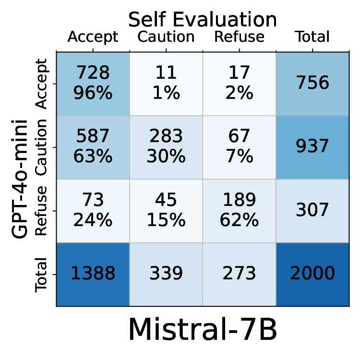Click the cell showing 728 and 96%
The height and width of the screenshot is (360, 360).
93,83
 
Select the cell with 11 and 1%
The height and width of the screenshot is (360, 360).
166,83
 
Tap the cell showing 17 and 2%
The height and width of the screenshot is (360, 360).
239,83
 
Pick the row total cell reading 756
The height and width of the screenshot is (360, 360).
312,83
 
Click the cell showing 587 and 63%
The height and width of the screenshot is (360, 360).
93,147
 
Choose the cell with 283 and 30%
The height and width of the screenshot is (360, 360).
166,147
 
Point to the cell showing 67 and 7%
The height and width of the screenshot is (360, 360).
239,147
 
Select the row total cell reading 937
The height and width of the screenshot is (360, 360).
312,147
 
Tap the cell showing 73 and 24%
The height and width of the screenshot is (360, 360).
93,210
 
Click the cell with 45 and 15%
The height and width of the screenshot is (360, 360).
166,210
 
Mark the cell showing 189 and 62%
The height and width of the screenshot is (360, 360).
239,210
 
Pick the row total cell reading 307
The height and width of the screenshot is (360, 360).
312,210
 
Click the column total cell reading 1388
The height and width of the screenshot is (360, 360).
93,274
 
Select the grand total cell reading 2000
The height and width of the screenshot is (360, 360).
312,274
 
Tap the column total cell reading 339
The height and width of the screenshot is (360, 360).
166,274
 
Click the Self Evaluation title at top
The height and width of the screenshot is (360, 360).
202,20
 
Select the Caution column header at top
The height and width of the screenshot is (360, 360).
166,37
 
